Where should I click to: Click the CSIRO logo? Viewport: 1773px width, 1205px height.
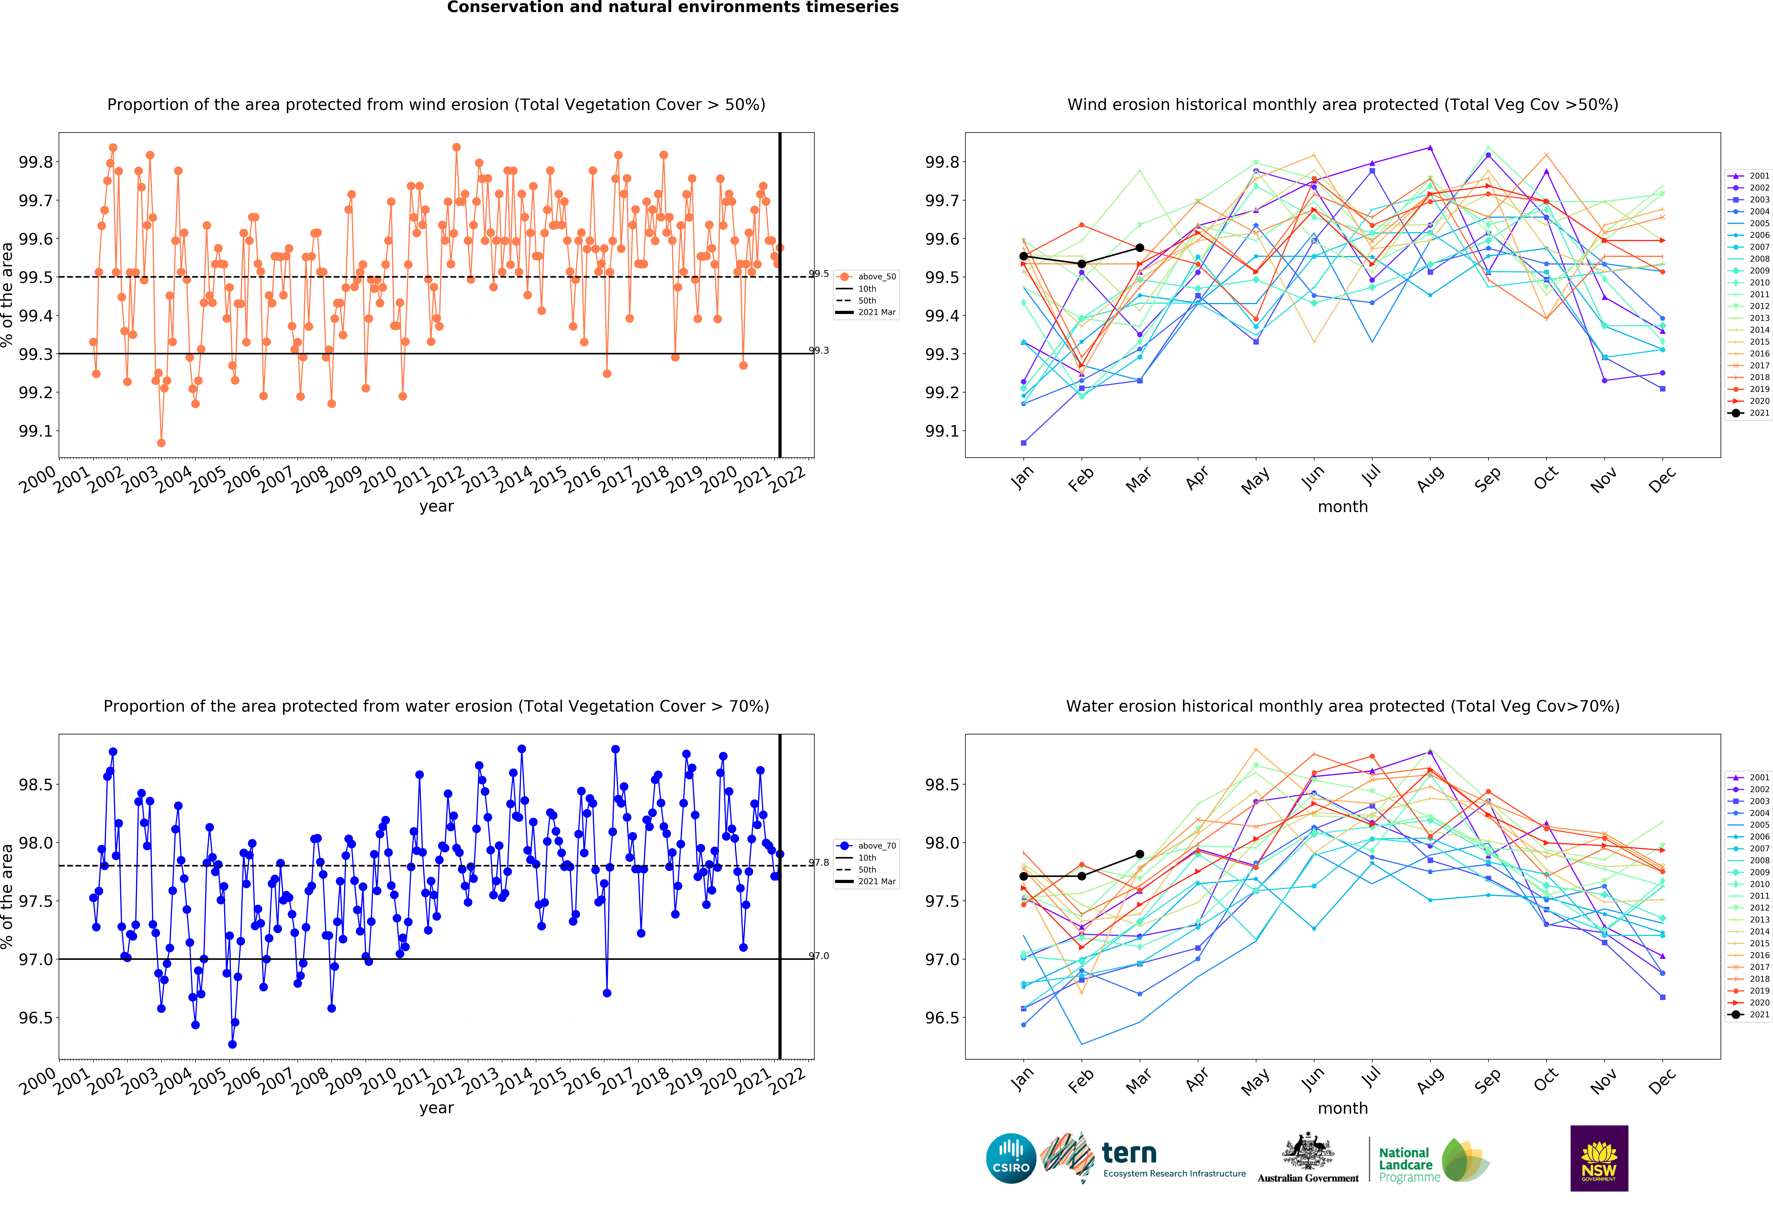[x=1011, y=1158]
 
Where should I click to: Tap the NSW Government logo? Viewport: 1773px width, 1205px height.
[x=1599, y=1158]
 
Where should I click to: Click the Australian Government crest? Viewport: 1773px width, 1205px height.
[x=1308, y=1152]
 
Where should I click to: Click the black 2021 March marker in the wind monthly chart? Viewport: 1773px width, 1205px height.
[x=1140, y=248]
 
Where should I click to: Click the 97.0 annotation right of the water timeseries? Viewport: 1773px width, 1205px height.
[x=819, y=956]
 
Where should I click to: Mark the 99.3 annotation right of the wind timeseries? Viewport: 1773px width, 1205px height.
[x=819, y=351]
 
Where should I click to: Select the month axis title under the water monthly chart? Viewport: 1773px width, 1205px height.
[x=1343, y=1108]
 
